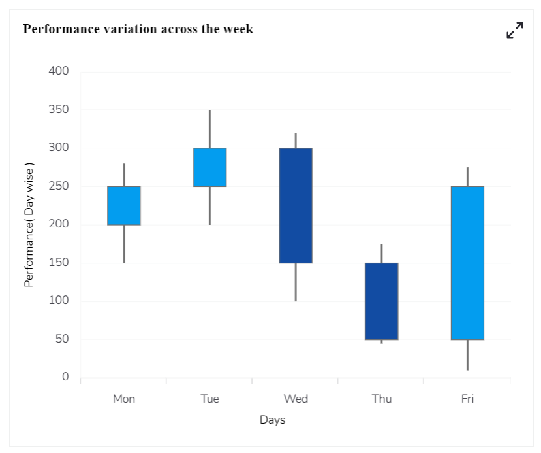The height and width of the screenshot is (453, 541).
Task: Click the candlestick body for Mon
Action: [124, 206]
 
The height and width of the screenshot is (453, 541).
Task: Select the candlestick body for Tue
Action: [210, 167]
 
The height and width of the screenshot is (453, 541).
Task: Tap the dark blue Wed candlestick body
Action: [296, 206]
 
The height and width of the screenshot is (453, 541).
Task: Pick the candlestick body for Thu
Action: [382, 301]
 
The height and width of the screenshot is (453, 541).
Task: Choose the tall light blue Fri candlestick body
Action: [467, 263]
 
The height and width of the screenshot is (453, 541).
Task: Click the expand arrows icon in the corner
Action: [515, 30]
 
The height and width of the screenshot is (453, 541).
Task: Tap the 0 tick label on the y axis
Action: [65, 377]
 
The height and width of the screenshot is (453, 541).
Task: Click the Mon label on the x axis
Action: [124, 399]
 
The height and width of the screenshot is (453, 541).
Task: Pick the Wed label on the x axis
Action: [296, 399]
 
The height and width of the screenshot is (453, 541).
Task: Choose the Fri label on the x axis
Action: [467, 399]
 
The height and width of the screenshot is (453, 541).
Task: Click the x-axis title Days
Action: [272, 420]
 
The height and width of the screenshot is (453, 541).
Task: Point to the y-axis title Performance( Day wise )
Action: [29, 225]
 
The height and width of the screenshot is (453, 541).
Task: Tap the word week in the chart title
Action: [238, 29]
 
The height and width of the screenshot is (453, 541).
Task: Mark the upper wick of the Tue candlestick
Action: [210, 129]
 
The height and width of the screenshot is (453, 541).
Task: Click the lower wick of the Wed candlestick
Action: [296, 282]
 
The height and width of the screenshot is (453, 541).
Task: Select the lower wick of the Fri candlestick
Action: [467, 355]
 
